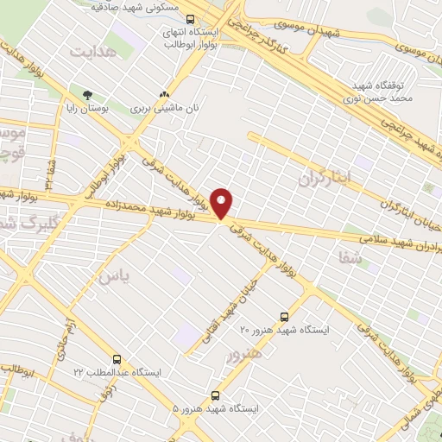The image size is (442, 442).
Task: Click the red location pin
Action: point(223,203)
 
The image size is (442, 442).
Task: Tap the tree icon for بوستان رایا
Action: point(86,95)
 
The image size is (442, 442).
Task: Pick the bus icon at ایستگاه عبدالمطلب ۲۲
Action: point(117,358)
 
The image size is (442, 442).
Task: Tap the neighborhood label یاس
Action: point(116,276)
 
